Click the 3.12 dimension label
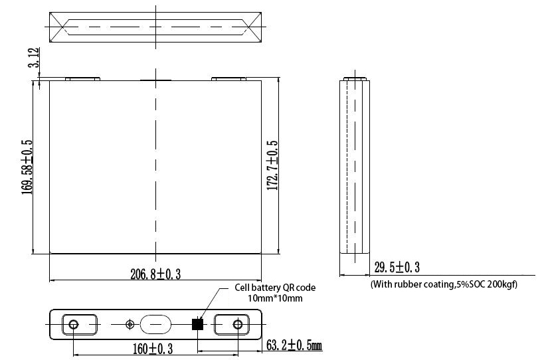(x=34, y=57)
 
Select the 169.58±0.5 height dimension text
(x=27, y=167)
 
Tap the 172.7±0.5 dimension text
(x=272, y=165)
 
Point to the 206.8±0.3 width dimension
(x=155, y=274)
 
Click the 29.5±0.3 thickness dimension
(x=397, y=267)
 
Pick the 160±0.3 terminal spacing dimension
(x=153, y=349)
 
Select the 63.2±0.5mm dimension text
(x=294, y=345)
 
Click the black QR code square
(x=197, y=324)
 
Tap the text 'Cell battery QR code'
(x=275, y=288)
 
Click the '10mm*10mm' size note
(x=275, y=298)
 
